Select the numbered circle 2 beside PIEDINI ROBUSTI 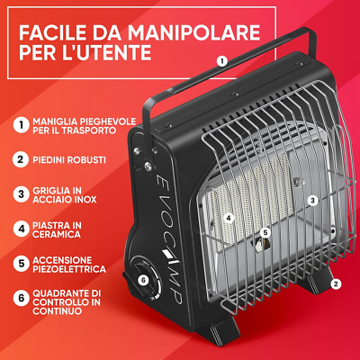pyautogui.click(x=19, y=159)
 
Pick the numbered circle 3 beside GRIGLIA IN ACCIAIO pyautogui.click(x=19, y=193)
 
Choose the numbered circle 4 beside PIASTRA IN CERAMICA pyautogui.click(x=19, y=228)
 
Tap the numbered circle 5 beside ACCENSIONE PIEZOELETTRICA pyautogui.click(x=19, y=262)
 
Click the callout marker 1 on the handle pyautogui.click(x=221, y=61)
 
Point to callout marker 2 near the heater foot pyautogui.click(x=335, y=283)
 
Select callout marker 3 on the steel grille pyautogui.click(x=311, y=200)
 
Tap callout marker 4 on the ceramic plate pyautogui.click(x=229, y=217)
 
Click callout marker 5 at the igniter pyautogui.click(x=265, y=233)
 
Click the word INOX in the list pyautogui.click(x=88, y=199)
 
